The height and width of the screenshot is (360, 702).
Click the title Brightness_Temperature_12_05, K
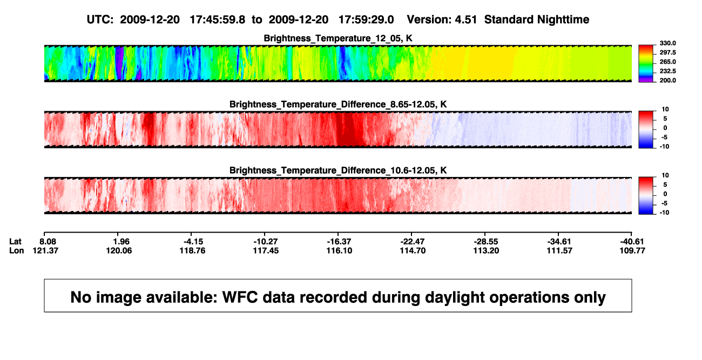338,38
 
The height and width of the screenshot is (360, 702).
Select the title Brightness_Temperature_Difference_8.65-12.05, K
338,104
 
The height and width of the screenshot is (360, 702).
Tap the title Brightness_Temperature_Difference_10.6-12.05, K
338,171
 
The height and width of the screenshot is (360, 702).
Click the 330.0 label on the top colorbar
667,43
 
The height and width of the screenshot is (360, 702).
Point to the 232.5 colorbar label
667,71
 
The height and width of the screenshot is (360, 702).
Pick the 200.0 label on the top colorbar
667,80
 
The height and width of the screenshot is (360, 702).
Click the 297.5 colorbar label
667,53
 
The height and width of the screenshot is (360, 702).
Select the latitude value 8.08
48,242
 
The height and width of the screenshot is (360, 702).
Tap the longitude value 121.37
45,250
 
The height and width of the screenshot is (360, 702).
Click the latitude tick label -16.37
339,242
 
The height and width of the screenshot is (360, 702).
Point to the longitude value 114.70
413,250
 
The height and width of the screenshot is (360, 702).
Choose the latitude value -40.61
632,242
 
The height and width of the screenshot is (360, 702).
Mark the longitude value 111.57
559,250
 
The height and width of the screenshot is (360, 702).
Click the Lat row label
15,242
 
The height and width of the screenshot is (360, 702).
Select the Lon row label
17,250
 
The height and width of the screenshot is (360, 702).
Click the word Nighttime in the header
563,20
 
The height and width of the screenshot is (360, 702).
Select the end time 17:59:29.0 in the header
366,19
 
